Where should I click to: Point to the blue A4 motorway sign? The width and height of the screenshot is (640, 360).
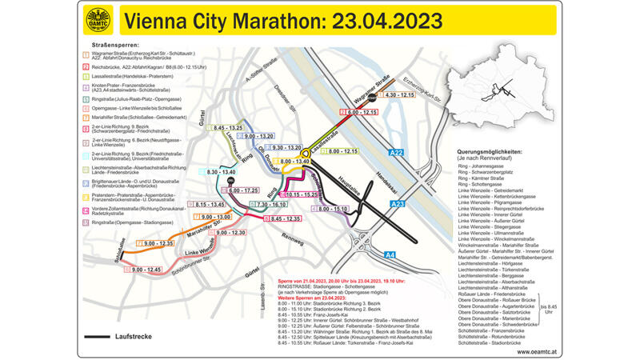pos(390,255)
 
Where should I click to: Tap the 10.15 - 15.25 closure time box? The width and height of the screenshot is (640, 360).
pos(302,194)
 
